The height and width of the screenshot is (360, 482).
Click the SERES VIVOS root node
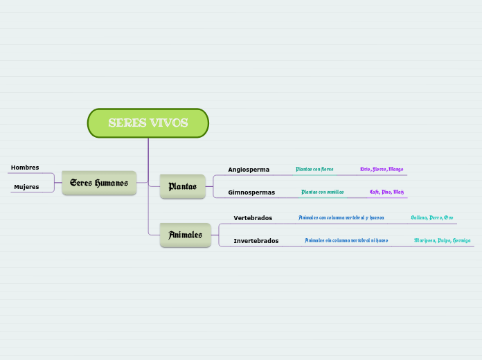click(x=148, y=123)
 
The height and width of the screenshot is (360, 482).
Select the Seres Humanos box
click(x=99, y=183)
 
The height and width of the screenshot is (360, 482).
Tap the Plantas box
click(x=182, y=186)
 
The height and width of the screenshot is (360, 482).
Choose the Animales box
click(x=185, y=235)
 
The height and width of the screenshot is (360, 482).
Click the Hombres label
click(x=25, y=168)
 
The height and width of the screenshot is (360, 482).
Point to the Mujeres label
click(x=26, y=187)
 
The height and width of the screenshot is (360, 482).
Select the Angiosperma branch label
click(x=249, y=170)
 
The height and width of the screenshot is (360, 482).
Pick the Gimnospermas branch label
click(x=251, y=192)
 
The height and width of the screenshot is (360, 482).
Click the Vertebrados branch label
click(x=253, y=218)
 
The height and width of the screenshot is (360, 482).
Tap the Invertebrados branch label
click(x=256, y=241)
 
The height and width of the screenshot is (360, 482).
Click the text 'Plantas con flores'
click(x=314, y=169)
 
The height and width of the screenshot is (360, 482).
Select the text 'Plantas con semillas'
click(x=322, y=192)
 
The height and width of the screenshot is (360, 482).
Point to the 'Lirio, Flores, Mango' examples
click(x=382, y=169)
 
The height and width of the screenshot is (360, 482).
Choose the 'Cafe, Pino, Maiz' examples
click(x=386, y=192)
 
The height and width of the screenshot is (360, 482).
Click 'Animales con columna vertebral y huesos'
click(x=341, y=217)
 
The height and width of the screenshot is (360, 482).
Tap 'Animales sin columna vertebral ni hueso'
click(x=346, y=240)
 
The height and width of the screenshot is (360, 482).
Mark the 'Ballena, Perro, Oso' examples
click(x=431, y=217)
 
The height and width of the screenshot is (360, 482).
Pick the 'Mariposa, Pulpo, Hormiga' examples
click(x=442, y=240)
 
